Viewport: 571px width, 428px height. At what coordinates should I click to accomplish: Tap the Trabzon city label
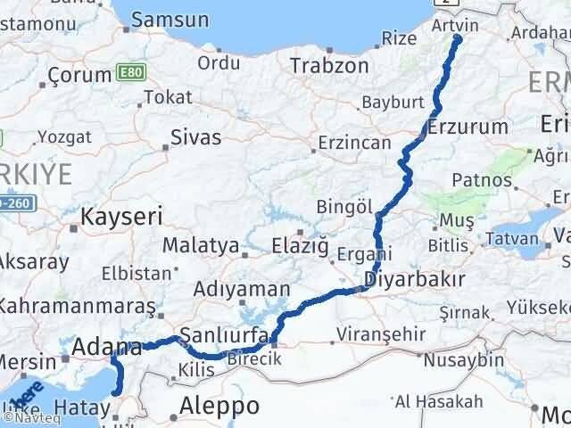329,65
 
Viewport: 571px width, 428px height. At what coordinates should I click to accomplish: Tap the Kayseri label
121,216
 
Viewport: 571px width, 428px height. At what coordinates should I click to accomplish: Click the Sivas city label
195,136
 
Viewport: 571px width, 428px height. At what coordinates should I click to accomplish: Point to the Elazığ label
299,244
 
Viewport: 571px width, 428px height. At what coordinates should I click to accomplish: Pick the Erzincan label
355,143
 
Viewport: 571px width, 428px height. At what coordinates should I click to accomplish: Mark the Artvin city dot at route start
458,38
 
